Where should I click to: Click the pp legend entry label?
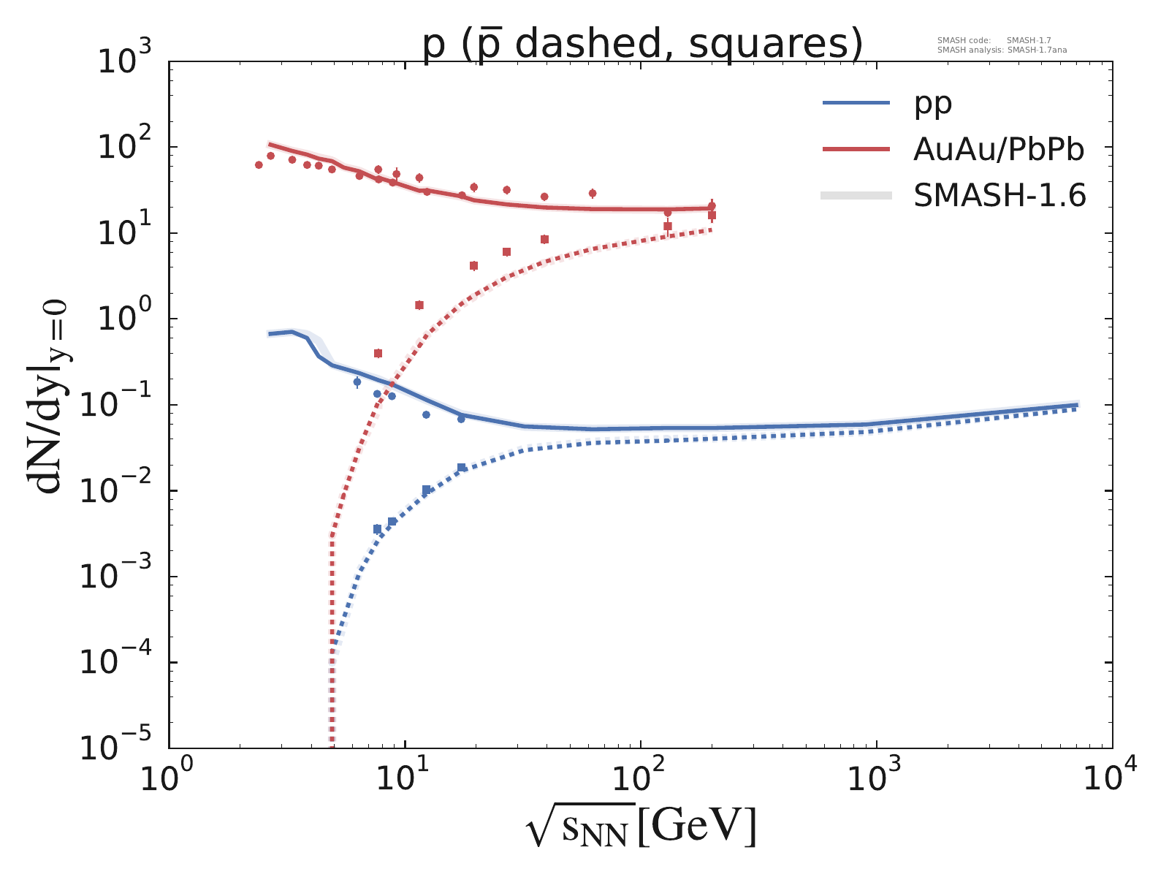(933, 104)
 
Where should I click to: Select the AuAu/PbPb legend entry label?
(999, 149)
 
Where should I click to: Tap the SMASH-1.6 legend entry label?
(1000, 195)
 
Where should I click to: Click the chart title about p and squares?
(643, 44)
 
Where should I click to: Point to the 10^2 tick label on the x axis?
(640, 778)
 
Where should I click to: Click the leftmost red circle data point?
(259, 164)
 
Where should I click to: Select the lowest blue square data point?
(377, 528)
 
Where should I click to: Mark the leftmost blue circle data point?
(357, 381)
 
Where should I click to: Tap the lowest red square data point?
(378, 353)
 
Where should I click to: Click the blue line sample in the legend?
(856, 104)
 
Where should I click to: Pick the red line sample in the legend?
(856, 149)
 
